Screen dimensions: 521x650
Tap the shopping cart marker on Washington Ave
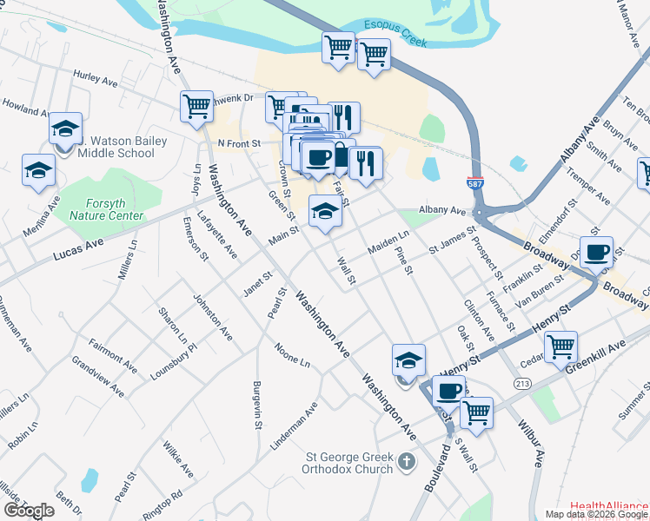click(197, 106)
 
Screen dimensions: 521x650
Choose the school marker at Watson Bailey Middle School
click(65, 129)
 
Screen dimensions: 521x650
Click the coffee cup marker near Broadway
click(596, 252)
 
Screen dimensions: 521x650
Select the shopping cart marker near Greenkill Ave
click(560, 346)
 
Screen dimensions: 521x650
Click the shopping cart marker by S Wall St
click(476, 412)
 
